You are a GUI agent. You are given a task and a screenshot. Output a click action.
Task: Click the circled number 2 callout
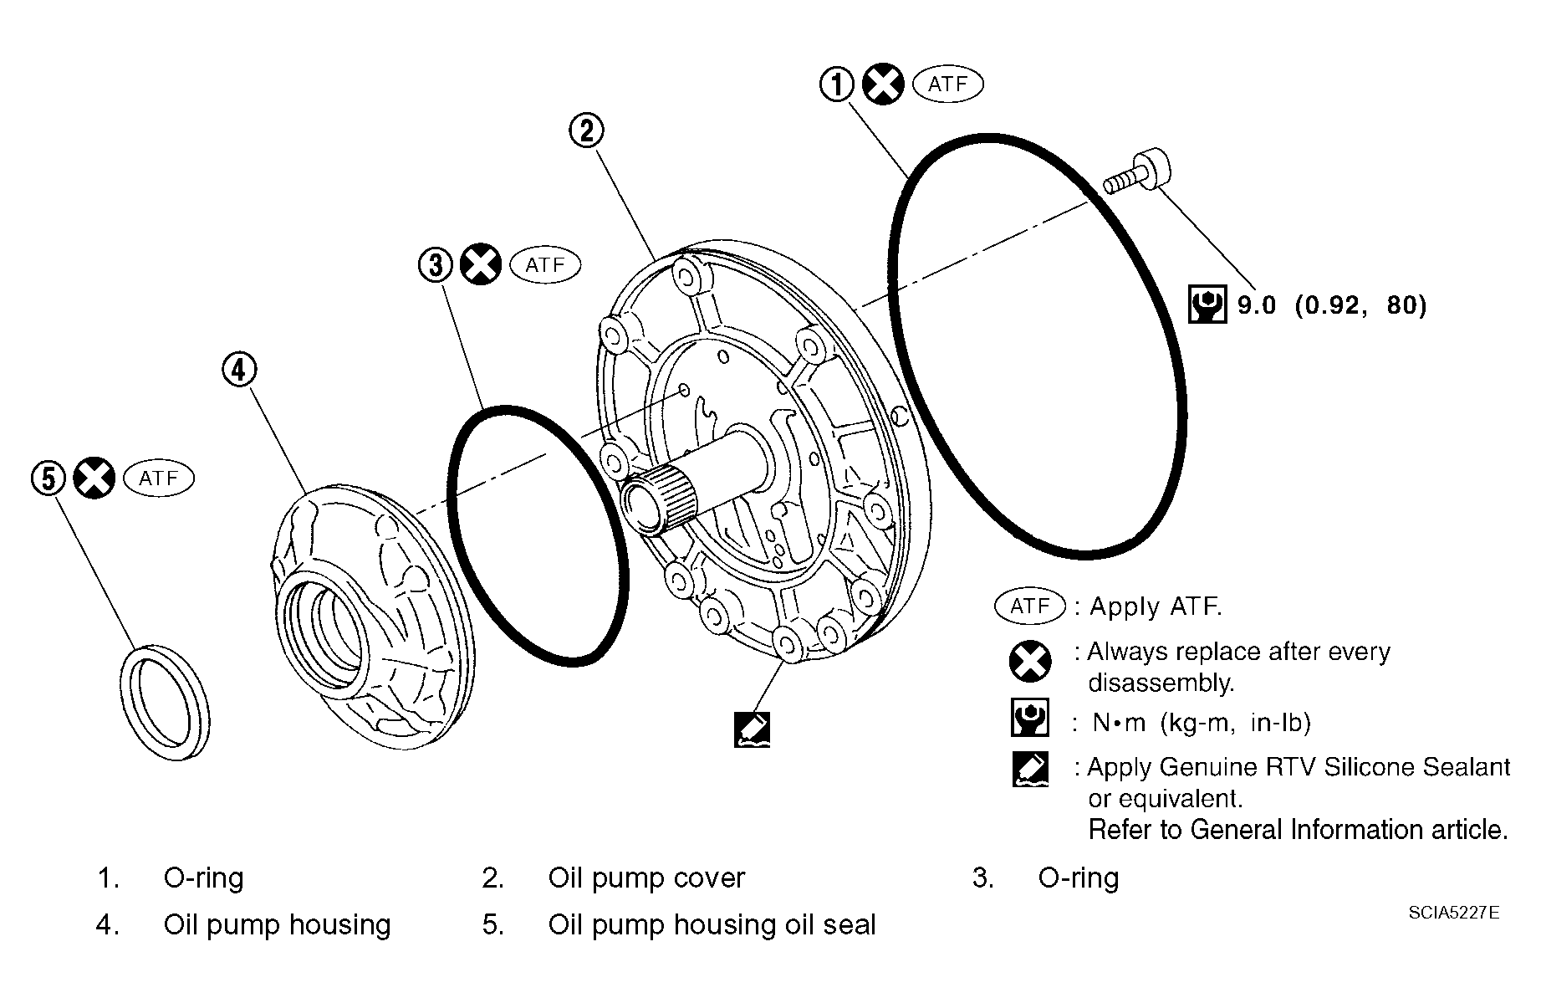pos(586,130)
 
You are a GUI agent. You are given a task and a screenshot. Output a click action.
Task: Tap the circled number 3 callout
pos(435,265)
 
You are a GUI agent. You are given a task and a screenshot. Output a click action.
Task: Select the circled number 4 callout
pos(239,369)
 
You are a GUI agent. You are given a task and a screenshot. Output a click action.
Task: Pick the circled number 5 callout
pos(48,478)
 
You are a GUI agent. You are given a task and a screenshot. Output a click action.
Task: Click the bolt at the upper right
pos(1138,172)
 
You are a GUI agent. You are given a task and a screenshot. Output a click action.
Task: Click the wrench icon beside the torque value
pos(1207,304)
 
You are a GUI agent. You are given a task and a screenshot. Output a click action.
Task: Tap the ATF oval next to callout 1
pos(947,84)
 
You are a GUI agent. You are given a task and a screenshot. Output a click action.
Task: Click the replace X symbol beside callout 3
pos(482,265)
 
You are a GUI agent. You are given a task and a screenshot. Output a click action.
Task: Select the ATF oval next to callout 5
pos(159,478)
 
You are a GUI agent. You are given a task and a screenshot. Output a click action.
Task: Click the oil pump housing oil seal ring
pos(165,703)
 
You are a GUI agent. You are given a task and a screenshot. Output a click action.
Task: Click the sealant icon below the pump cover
pos(751,729)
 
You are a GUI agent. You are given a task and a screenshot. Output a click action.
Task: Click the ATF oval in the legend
pos(1029,606)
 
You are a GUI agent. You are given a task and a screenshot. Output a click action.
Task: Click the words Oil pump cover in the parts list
pos(645,878)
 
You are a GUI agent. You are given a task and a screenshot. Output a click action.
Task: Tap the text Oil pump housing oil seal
pos(712,924)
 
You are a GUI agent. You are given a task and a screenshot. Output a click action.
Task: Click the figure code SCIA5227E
pos(1453,913)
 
